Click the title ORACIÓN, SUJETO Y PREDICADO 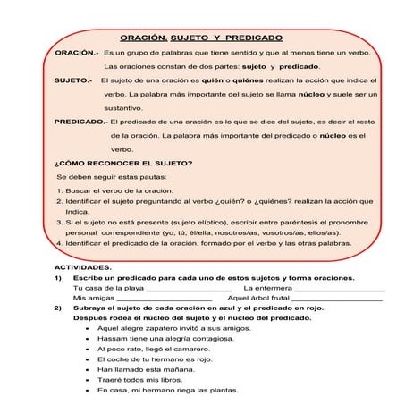pos(201,38)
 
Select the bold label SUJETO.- pos(73,80)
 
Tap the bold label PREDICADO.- pos(80,121)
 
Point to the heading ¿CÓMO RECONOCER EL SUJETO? pos(123,163)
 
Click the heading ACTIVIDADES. pos(83,267)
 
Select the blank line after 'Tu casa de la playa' pos(189,289)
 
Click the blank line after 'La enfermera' pos(340,289)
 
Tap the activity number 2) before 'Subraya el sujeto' pos(60,308)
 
